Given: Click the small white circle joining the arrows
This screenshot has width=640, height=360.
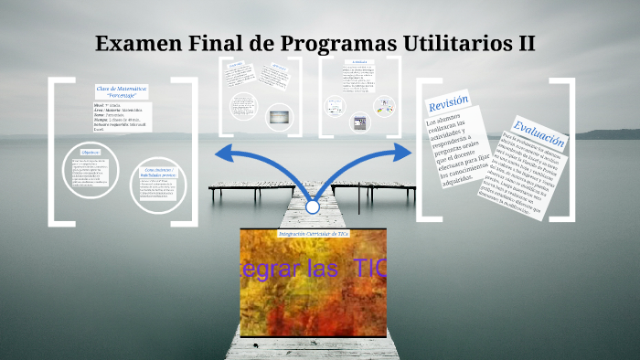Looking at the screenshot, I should click(x=313, y=207).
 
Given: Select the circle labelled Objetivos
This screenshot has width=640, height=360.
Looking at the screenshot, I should click(x=91, y=173).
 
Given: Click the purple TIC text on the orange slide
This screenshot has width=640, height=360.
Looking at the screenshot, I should click(x=357, y=270).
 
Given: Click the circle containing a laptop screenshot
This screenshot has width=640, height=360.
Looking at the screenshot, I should click(x=280, y=116).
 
